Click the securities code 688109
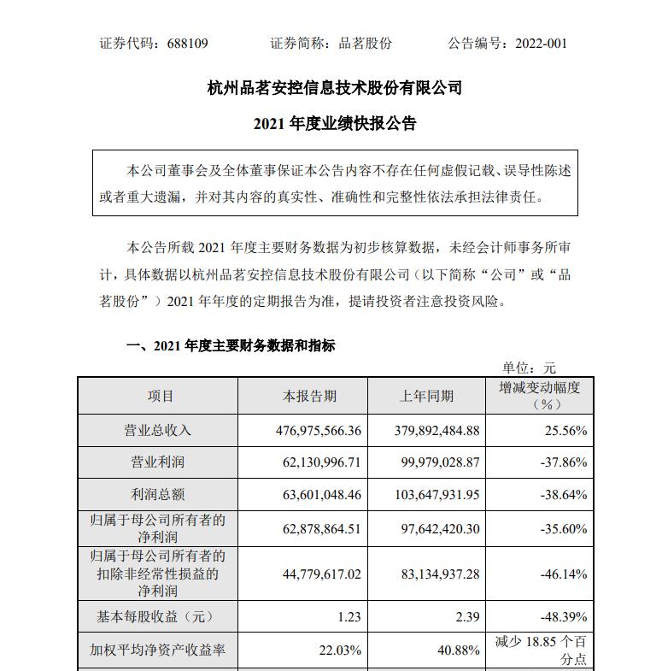(185, 43)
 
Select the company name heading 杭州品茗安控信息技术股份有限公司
(335, 88)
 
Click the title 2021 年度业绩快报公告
(335, 124)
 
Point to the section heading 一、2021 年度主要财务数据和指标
(231, 346)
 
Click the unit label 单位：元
(529, 368)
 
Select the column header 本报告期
(309, 397)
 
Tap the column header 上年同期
(427, 397)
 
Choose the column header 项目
(161, 397)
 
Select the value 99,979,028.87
(428, 463)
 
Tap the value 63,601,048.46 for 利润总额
(309, 495)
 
